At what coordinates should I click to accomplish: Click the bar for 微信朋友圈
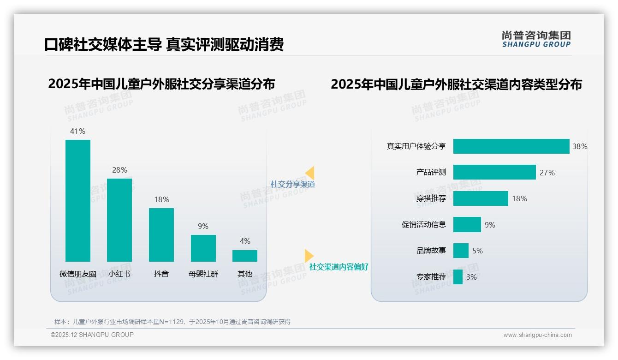click(x=78, y=201)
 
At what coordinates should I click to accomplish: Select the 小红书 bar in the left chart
click(x=119, y=220)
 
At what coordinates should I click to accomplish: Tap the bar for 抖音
click(x=161, y=235)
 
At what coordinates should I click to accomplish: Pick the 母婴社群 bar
click(x=203, y=248)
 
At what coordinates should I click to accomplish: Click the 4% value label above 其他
click(x=245, y=241)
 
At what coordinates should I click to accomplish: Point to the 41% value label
click(x=77, y=131)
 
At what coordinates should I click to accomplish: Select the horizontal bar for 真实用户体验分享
click(x=511, y=146)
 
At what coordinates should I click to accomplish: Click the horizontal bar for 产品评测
click(x=494, y=172)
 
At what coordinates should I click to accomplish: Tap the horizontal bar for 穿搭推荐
click(x=481, y=198)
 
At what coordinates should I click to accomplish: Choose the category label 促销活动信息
click(x=424, y=225)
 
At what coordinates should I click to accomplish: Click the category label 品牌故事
click(x=431, y=251)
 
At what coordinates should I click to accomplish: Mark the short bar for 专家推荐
click(x=458, y=277)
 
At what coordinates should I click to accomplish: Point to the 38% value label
click(x=580, y=146)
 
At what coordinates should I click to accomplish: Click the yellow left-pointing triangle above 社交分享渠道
click(x=310, y=173)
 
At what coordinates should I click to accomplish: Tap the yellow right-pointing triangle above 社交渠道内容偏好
click(x=309, y=256)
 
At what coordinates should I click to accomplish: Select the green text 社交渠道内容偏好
click(x=339, y=267)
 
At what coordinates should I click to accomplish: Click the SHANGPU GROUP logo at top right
click(x=536, y=39)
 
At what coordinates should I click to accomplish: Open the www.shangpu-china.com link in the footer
click(x=537, y=335)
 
